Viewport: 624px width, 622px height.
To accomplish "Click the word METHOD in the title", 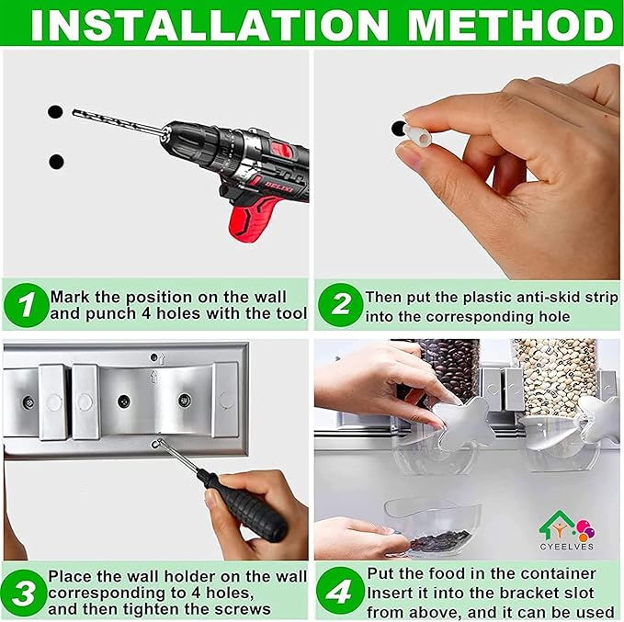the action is click(511, 25).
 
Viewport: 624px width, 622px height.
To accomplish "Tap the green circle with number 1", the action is click(27, 305).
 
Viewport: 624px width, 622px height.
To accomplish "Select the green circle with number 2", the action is click(341, 305).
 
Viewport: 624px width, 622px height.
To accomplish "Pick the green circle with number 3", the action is click(24, 593).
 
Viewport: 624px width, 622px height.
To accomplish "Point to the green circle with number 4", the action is click(341, 590).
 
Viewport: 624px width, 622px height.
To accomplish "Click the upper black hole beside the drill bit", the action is click(55, 112).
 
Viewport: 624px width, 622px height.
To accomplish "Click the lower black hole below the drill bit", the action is click(56, 162).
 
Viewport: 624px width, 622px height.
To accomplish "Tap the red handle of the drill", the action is click(252, 218).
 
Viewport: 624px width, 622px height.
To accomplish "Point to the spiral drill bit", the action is click(118, 122).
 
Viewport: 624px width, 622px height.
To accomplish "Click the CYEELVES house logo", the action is click(567, 530).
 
